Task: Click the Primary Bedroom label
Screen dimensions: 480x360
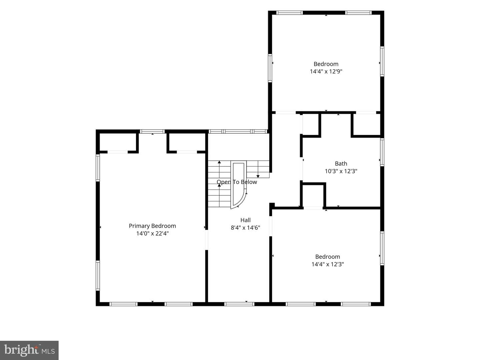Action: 152,226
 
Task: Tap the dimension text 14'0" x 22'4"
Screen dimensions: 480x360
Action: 152,233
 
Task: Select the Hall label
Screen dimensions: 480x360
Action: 245,220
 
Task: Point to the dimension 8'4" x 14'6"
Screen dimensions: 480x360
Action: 245,228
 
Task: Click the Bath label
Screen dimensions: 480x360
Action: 341,163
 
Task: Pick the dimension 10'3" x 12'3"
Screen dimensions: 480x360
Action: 341,171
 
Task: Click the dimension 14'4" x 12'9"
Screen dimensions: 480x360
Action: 326,71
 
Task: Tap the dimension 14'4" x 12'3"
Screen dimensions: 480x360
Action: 328,264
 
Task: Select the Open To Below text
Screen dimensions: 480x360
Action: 237,182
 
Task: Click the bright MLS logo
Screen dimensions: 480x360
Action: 29,350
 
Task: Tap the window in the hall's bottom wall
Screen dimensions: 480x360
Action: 239,304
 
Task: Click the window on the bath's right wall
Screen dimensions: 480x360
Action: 382,152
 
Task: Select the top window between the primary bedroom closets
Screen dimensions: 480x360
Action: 152,131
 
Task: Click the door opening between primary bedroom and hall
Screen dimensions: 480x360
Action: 206,240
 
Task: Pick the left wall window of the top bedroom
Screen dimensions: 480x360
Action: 270,68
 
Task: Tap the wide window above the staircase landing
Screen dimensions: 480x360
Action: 238,131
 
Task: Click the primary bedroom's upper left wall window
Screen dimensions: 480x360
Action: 98,168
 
